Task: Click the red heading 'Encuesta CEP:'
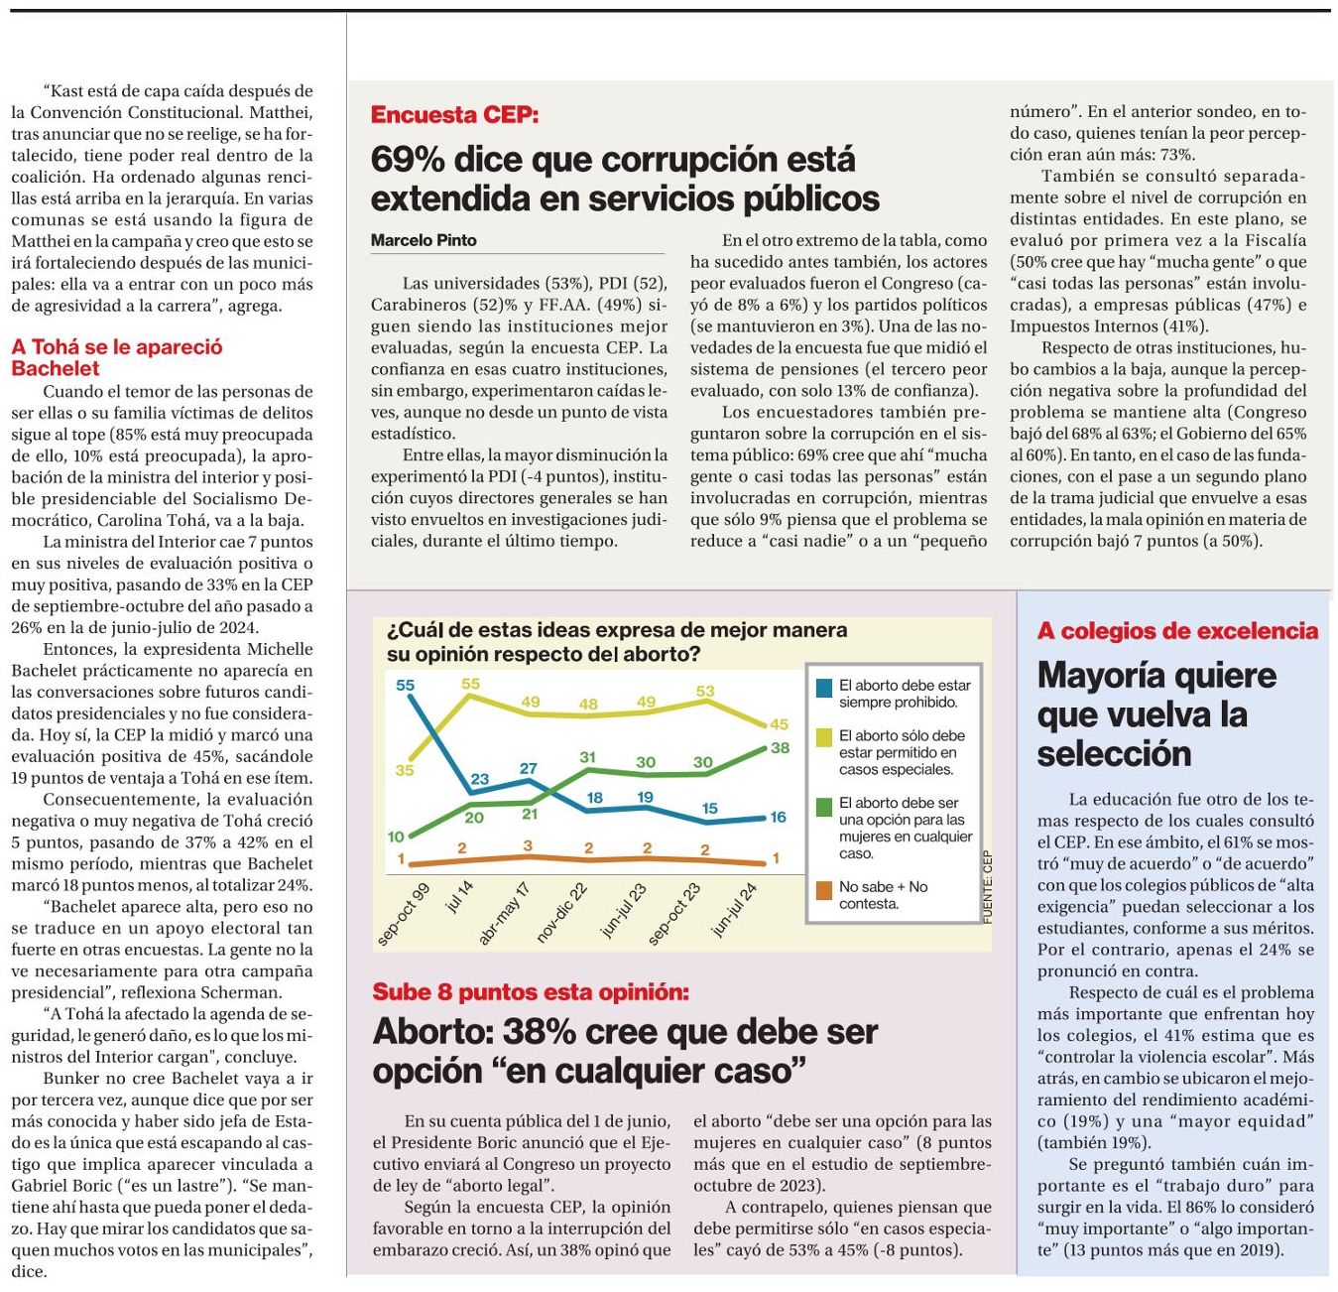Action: coord(454,115)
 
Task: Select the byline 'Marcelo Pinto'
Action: coord(424,240)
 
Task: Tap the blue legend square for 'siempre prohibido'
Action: coord(823,688)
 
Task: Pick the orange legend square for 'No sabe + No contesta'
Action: coord(823,890)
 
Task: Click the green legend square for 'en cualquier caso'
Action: coord(823,807)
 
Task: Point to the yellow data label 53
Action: coord(705,691)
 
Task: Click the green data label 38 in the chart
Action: coord(780,748)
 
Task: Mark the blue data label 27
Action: coord(528,768)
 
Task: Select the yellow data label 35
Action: coord(405,770)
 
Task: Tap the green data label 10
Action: coord(396,837)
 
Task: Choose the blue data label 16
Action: coord(778,817)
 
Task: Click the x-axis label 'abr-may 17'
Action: coord(505,914)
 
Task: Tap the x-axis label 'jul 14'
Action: coord(459,896)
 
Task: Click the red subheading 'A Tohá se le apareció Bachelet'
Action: coord(117,357)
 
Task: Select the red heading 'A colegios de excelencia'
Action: coord(1177,631)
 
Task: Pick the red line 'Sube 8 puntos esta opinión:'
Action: coord(531,992)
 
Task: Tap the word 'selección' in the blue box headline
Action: coord(1114,754)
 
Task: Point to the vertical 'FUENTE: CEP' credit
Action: coord(987,887)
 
